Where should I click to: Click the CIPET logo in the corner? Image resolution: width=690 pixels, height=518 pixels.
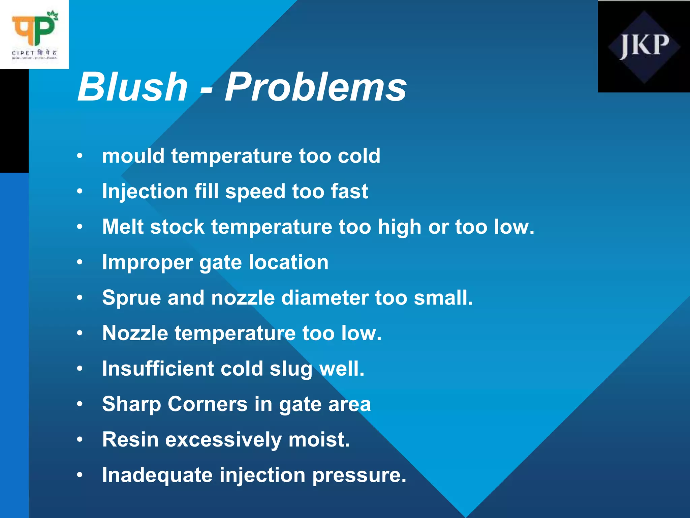34,34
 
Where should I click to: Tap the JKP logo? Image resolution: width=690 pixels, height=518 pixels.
644,47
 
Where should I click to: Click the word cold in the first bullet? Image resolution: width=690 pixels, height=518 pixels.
359,156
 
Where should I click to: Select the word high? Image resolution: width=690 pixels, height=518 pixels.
400,227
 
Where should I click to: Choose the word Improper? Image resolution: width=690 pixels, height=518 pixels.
147,263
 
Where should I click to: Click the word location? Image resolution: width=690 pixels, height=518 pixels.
288,262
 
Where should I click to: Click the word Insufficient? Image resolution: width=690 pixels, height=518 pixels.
158,368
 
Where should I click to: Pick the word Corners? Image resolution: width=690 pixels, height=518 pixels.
208,404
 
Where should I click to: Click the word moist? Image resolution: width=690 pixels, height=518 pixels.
319,440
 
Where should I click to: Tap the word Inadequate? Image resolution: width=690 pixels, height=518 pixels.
157,475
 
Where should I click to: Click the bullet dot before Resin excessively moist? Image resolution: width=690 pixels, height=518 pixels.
80,439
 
